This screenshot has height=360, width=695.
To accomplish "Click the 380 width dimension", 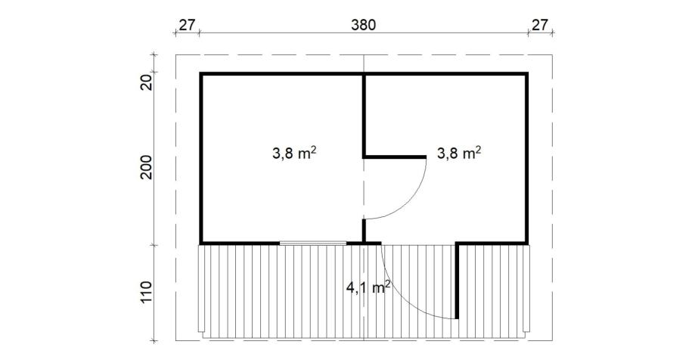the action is coord(363,25).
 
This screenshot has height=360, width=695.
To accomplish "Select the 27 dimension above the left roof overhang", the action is coord(187,25).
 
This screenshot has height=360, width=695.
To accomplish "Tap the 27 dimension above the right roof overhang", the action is coord(540,25).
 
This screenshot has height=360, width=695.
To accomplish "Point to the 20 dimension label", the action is coord(147,82).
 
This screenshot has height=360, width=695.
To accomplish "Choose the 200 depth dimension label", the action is coord(147,167).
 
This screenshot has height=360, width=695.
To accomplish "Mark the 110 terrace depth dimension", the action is coord(147,291).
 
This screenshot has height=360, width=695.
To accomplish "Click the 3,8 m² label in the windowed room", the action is coord(294,153).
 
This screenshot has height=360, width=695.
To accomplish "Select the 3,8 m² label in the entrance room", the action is coord(459,153).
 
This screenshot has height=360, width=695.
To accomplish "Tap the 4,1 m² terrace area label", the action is coord(368,287).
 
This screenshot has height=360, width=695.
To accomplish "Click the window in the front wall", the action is coord(313,243).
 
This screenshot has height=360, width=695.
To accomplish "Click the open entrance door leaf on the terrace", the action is coord(458,281).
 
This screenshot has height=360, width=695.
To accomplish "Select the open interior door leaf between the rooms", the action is coord(395,157).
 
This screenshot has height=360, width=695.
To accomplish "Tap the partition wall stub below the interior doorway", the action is coord(364,231).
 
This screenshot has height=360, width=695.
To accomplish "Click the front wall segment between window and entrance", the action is coord(364,243).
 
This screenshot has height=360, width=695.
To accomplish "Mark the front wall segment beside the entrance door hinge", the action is coord(492,243).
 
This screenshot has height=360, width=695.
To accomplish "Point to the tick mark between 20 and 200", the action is coord(154,72).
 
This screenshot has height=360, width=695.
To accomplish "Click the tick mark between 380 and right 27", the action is coord(528,33).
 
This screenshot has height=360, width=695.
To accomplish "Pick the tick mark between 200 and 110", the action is coord(154,244).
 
